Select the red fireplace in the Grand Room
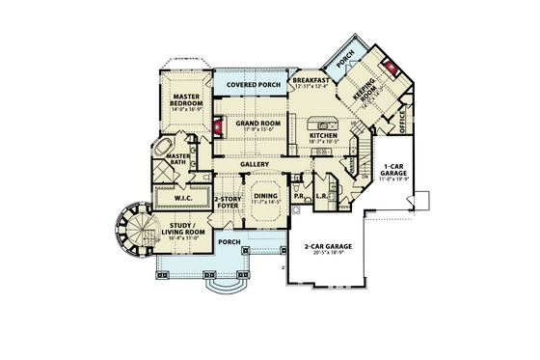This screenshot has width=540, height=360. pyautogui.click(x=219, y=127)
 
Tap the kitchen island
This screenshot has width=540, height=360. pyautogui.click(x=323, y=124)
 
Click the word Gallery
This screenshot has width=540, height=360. pyautogui.click(x=254, y=164)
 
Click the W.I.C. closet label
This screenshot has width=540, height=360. pyautogui.click(x=183, y=199)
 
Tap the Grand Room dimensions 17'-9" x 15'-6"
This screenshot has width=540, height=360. pyautogui.click(x=257, y=131)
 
